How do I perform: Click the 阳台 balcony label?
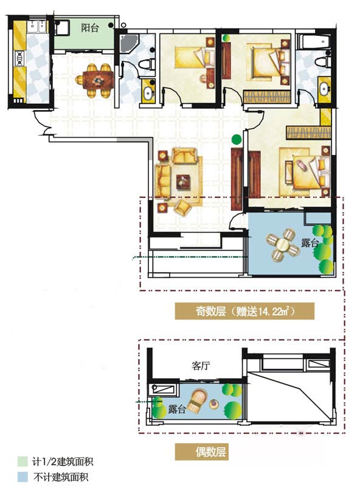[x=90, y=28]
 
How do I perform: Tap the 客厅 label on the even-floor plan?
[x=201, y=366]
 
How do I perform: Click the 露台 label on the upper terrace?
[x=310, y=242]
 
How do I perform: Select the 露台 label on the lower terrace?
[x=177, y=409]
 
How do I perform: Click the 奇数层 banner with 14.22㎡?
[x=244, y=311]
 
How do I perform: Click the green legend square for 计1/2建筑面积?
[x=22, y=462]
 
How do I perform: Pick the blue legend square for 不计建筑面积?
[x=22, y=477]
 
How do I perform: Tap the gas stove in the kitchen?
[x=19, y=58]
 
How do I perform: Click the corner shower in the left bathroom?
[x=128, y=43]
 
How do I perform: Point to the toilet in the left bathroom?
[x=146, y=64]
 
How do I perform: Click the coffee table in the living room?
[x=183, y=182]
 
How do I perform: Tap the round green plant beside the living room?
[x=237, y=139]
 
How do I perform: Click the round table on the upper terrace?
[x=283, y=245]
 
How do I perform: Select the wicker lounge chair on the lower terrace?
[x=198, y=401]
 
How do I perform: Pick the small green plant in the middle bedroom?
[x=226, y=38]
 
